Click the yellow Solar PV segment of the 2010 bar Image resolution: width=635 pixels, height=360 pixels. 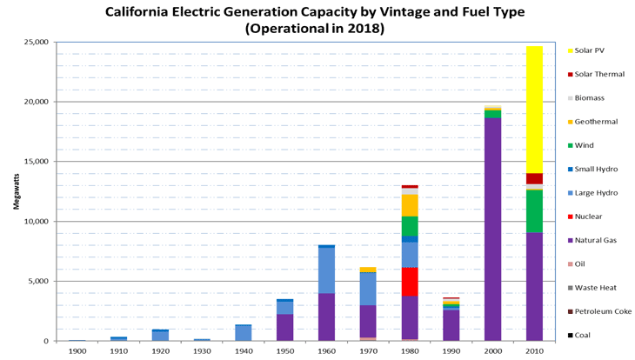(534, 109)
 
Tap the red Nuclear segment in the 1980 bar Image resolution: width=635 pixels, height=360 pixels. (409, 282)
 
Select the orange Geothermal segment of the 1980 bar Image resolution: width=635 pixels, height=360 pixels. (409, 205)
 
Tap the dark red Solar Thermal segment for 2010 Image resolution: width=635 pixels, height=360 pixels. (534, 178)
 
